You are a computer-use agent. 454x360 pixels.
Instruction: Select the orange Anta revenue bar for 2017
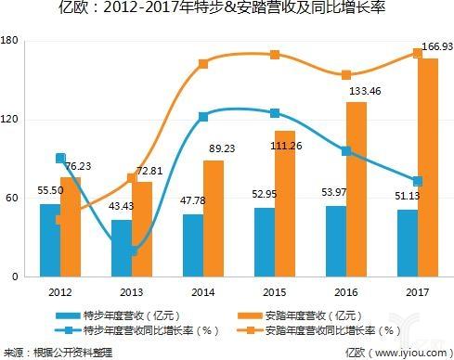pyautogui.click(x=427, y=167)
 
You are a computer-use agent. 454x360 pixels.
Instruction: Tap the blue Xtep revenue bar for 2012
pyautogui.click(x=51, y=239)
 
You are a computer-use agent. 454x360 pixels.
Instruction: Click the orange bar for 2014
pyautogui.click(x=214, y=218)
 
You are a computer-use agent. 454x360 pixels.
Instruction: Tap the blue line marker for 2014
pyautogui.click(x=203, y=117)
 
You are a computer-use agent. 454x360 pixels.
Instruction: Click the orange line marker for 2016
pyautogui.click(x=345, y=75)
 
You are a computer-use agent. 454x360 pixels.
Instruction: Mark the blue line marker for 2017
pyautogui.click(x=417, y=181)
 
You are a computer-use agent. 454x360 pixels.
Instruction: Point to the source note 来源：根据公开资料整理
pyautogui.click(x=58, y=352)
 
